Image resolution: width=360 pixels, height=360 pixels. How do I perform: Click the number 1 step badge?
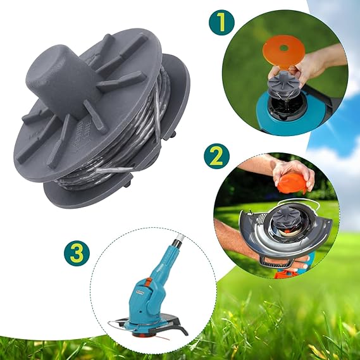click(221, 22)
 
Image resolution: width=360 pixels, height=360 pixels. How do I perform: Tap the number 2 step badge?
click(216, 156)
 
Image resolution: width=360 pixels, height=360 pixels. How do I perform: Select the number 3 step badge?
click(77, 254)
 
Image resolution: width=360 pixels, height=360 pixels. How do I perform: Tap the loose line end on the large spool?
click(115, 170)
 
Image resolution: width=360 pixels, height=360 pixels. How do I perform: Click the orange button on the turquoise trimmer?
click(148, 282)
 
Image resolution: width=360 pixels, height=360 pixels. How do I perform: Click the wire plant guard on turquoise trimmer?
click(117, 324)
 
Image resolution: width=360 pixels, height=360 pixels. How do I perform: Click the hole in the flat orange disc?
click(284, 48)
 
